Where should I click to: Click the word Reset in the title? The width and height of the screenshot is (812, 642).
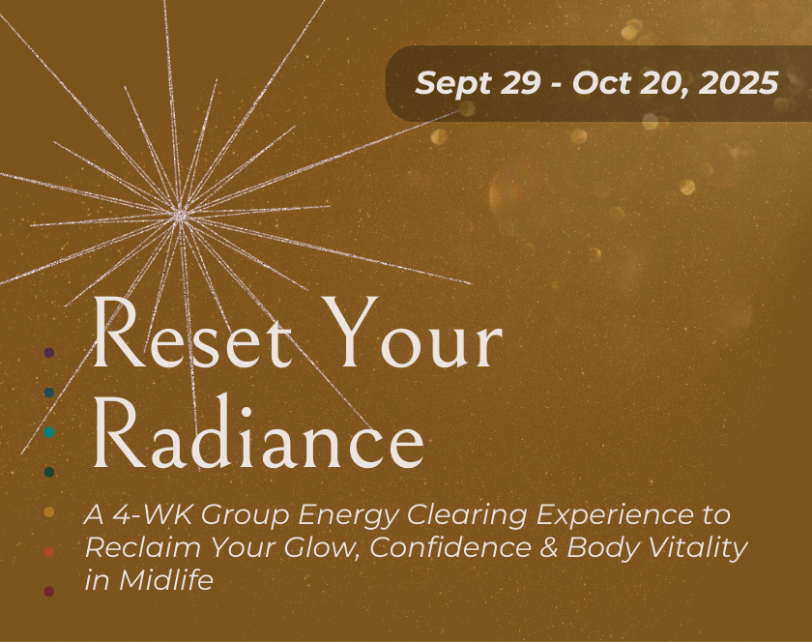click(192, 335)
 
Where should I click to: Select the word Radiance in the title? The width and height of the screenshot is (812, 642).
click(258, 431)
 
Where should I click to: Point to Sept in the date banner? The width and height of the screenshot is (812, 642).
click(453, 84)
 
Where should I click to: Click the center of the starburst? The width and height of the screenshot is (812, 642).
click(181, 214)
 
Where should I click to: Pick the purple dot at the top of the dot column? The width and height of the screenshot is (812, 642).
click(49, 353)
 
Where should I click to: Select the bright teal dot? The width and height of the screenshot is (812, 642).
click(49, 432)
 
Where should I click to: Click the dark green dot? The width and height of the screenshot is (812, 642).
click(49, 472)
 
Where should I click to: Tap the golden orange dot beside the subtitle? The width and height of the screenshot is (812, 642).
click(49, 511)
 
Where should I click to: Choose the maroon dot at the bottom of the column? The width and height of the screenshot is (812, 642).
click(49, 591)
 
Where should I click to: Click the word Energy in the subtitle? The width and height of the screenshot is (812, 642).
click(348, 515)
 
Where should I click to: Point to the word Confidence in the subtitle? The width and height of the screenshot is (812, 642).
click(450, 547)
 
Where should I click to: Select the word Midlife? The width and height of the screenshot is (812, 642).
click(165, 580)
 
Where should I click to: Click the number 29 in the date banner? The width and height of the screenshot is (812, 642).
click(520, 83)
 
